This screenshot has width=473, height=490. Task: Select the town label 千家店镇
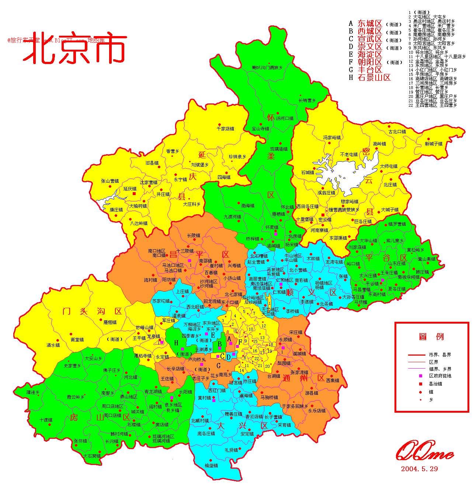(x=225, y=129)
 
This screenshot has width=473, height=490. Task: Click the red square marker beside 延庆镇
(x=134, y=193)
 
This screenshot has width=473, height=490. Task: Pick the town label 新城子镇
(x=433, y=144)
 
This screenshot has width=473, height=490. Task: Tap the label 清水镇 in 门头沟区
(x=53, y=345)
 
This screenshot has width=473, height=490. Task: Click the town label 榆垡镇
(x=209, y=465)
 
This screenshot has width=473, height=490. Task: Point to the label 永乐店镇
(x=317, y=410)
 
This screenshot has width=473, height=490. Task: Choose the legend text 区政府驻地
(x=440, y=376)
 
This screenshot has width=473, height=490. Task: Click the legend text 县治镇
(x=435, y=384)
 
